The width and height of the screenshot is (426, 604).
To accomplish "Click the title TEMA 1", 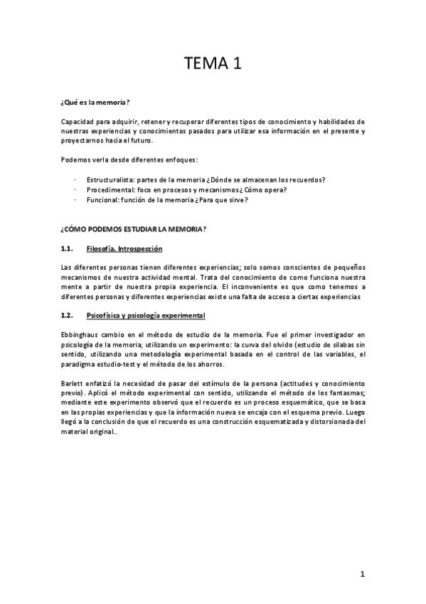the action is [213, 64].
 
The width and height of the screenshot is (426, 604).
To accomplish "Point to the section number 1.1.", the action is [68, 249].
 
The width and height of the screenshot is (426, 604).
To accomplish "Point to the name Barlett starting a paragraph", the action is [73, 382].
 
